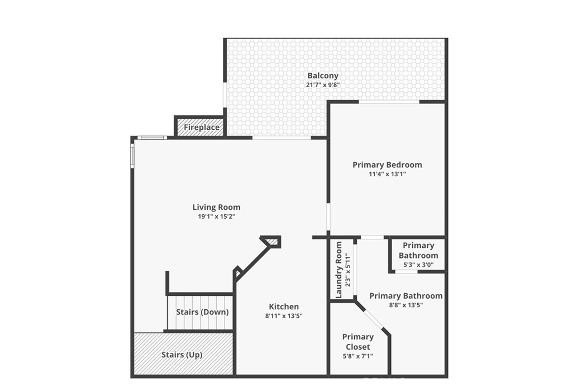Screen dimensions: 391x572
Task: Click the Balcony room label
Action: click(x=322, y=76)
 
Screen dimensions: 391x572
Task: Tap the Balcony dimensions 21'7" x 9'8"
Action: click(x=322, y=85)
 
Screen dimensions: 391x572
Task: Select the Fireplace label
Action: click(x=201, y=128)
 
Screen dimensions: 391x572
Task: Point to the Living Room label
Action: click(x=216, y=207)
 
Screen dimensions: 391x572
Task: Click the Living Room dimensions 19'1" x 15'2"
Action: click(x=216, y=216)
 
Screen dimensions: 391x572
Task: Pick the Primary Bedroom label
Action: click(x=387, y=164)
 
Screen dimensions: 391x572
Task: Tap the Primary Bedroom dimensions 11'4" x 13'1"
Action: click(x=387, y=174)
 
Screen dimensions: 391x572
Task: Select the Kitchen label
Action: click(x=284, y=307)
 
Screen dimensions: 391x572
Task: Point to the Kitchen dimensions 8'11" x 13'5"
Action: click(x=284, y=315)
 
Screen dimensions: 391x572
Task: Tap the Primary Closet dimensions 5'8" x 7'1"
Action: click(x=357, y=356)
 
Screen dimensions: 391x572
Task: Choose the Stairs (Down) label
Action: click(x=202, y=312)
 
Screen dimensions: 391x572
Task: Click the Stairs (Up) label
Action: click(x=182, y=355)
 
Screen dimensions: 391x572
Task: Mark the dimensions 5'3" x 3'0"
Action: click(x=418, y=265)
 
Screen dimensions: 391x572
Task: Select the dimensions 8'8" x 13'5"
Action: click(x=406, y=305)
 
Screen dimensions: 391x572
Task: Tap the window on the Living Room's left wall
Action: click(x=132, y=155)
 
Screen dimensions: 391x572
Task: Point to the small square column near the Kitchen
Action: click(x=272, y=241)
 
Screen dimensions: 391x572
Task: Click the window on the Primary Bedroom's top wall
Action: click(x=389, y=102)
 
